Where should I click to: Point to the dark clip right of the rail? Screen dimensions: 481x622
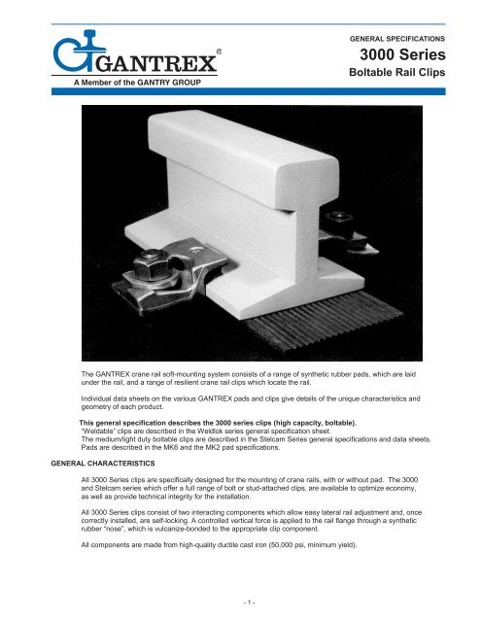click(340, 222)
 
